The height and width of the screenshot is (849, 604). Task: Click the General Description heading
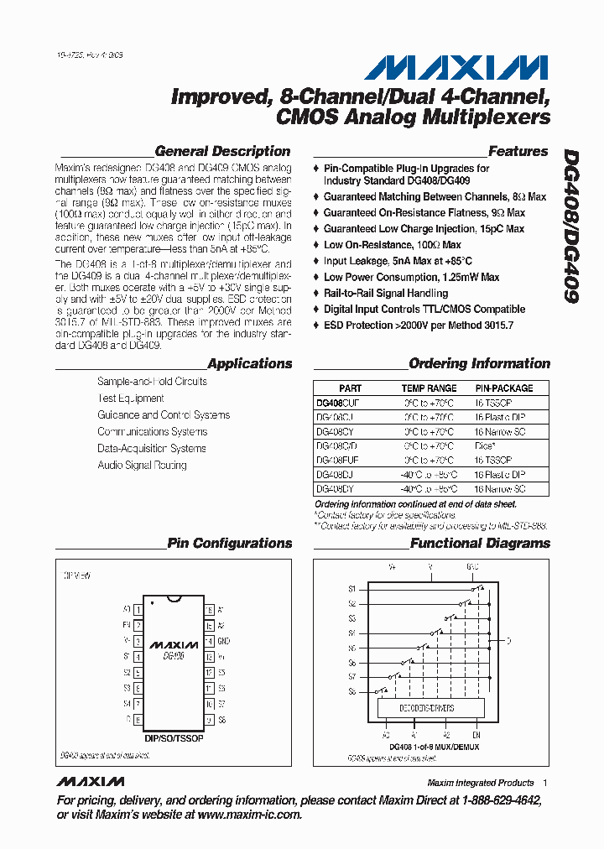[x=222, y=152]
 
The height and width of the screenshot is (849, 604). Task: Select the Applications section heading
[x=249, y=364]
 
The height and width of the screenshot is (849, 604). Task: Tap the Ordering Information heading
[x=479, y=364]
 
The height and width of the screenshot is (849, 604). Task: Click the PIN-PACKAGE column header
[x=503, y=388]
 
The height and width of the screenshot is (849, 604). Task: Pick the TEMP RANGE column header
[x=429, y=388]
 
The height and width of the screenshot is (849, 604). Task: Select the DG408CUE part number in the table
[x=336, y=403]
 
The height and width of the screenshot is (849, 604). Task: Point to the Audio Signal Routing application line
[x=142, y=466]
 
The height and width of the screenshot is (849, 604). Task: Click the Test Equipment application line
[x=130, y=398]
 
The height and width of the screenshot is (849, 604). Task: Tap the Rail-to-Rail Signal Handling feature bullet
[x=386, y=294]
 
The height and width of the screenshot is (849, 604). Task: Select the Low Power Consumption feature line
[x=411, y=278]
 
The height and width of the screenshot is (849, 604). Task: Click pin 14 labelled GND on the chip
[x=208, y=641]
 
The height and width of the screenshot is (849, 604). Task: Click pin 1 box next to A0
[x=137, y=609]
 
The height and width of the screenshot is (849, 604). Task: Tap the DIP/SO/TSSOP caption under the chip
[x=174, y=738]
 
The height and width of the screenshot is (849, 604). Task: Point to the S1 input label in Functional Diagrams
[x=352, y=589]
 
